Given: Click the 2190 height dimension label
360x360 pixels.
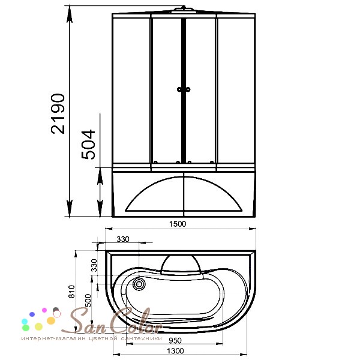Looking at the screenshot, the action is [x=58, y=113].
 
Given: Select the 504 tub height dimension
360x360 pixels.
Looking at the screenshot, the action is [x=88, y=145].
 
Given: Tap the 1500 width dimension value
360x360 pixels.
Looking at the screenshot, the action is [x=178, y=224].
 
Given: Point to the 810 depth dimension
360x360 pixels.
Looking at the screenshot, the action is [x=72, y=292].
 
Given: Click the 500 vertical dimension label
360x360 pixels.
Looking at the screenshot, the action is [x=88, y=301].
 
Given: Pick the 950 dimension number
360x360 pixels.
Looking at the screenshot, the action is [x=175, y=340].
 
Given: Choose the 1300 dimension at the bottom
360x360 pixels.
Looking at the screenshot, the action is [x=175, y=351].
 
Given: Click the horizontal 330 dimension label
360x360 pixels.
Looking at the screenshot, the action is [x=123, y=239].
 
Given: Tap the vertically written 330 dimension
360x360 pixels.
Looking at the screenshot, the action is [x=94, y=265].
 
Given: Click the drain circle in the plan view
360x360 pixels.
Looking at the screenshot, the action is [x=139, y=284].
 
